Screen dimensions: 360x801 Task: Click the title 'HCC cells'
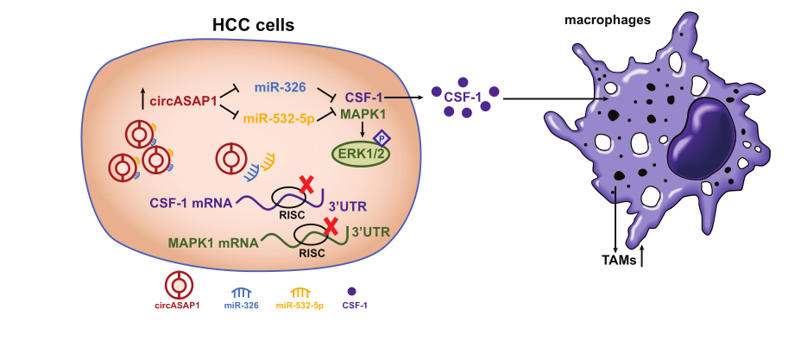point(253,26)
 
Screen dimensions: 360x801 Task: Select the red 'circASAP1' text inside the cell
point(185,101)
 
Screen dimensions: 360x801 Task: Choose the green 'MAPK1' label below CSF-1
point(363,114)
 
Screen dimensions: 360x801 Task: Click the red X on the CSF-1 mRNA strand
point(306,184)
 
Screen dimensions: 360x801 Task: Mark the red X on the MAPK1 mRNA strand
point(330,226)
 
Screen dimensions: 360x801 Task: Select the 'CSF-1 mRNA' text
point(191,204)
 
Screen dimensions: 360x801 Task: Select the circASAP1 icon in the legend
point(179,284)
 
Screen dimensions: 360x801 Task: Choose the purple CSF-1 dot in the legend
point(351,291)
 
